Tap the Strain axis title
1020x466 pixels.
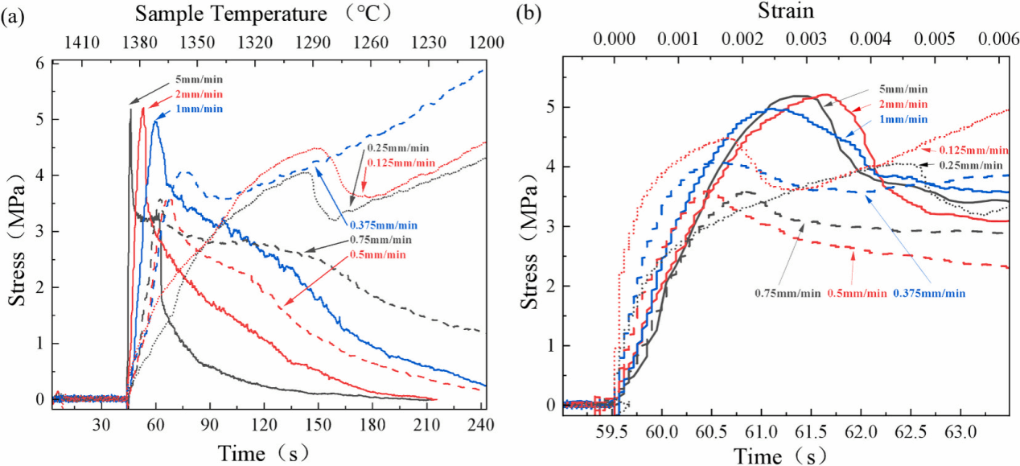coord(786,10)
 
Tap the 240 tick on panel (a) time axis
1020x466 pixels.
coord(481,427)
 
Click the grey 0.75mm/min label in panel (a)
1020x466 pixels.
coord(380,240)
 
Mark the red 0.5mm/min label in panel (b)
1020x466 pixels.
coord(857,292)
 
